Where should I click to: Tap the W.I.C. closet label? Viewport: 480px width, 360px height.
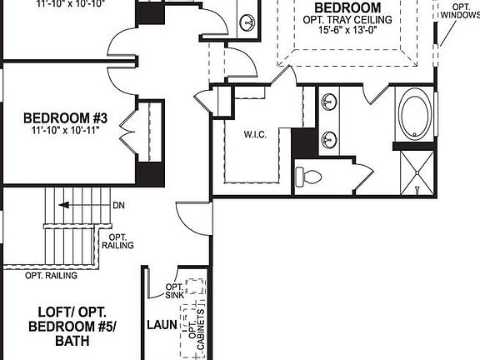pos(255,134)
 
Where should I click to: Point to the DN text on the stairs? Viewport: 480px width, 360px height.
pos(118,205)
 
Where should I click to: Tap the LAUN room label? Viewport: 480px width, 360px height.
pos(160,324)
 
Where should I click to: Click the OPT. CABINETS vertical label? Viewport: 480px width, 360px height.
pos(194,327)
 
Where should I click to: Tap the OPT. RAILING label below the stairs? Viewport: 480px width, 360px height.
pos(51,275)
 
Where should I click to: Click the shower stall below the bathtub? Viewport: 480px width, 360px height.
pos(415,172)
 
